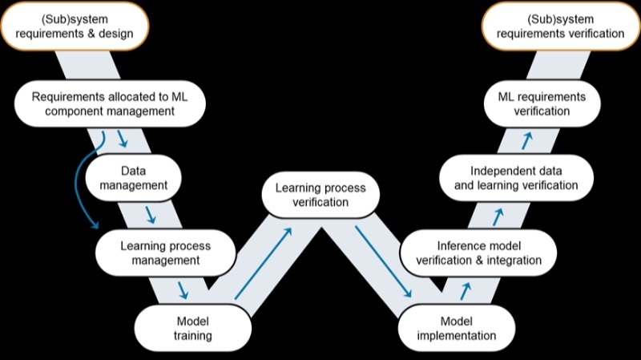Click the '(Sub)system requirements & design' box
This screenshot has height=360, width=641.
point(75,26)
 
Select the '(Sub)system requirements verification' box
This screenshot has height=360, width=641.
point(560,26)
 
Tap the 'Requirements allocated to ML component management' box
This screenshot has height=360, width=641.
point(110,104)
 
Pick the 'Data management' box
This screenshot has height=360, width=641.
point(133,178)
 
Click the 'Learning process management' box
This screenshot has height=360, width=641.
point(166,253)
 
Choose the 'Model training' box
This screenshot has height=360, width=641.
point(192,328)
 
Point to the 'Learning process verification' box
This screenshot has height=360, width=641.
point(320,195)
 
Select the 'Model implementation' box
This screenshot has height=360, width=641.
point(456,328)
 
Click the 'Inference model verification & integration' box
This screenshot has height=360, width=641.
point(478,253)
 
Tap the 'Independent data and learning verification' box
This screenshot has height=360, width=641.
point(516,178)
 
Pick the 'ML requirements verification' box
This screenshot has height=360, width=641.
point(542,104)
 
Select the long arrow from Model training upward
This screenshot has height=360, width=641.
point(264,264)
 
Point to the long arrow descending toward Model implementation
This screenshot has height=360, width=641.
point(383,261)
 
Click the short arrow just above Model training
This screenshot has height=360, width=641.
point(183,290)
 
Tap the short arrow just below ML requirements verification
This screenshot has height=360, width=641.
point(527,140)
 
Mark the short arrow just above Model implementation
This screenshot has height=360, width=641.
point(466,291)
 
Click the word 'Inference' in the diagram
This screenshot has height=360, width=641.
point(457,246)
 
